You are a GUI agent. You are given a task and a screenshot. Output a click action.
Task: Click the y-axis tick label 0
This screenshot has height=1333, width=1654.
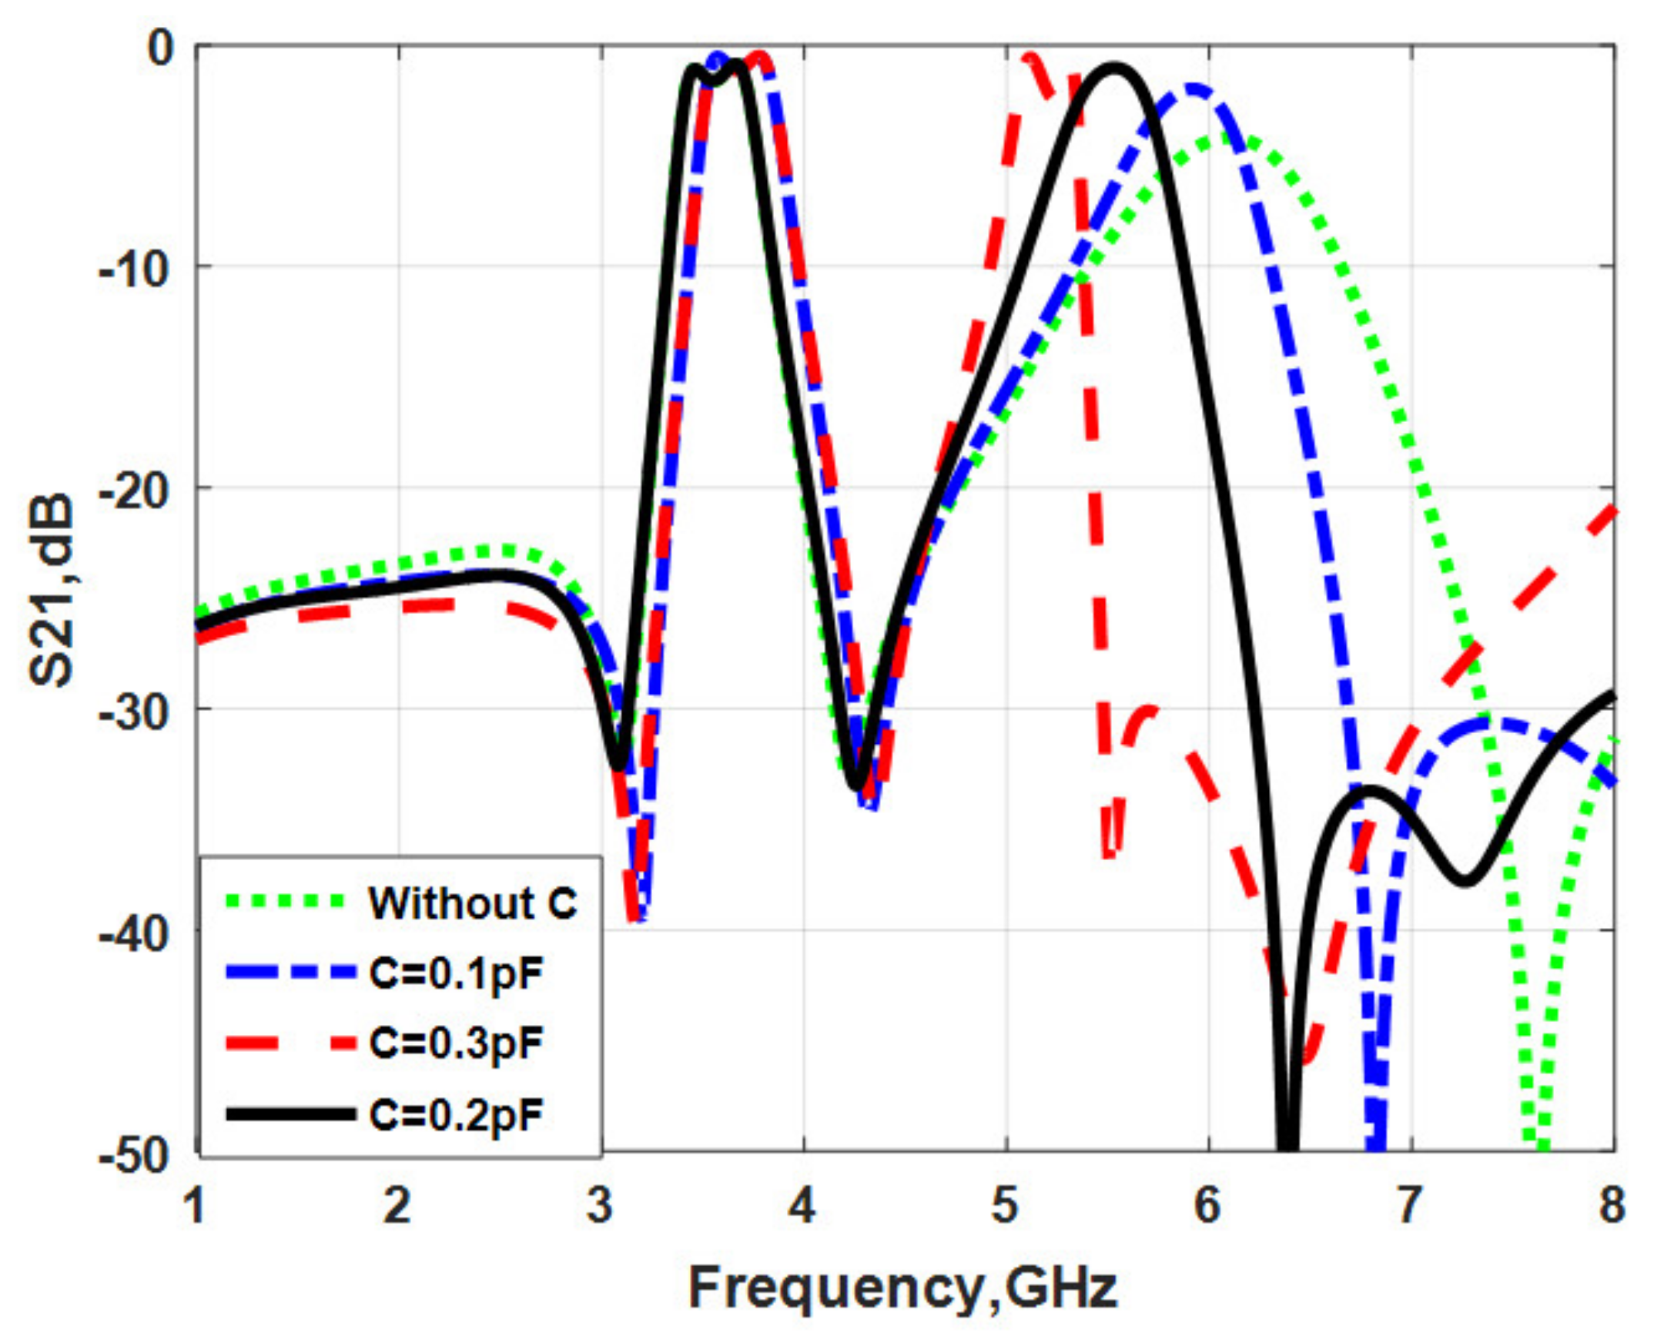(162, 48)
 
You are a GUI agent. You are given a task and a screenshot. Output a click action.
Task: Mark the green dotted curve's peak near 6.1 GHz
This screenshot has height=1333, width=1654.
(1232, 139)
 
